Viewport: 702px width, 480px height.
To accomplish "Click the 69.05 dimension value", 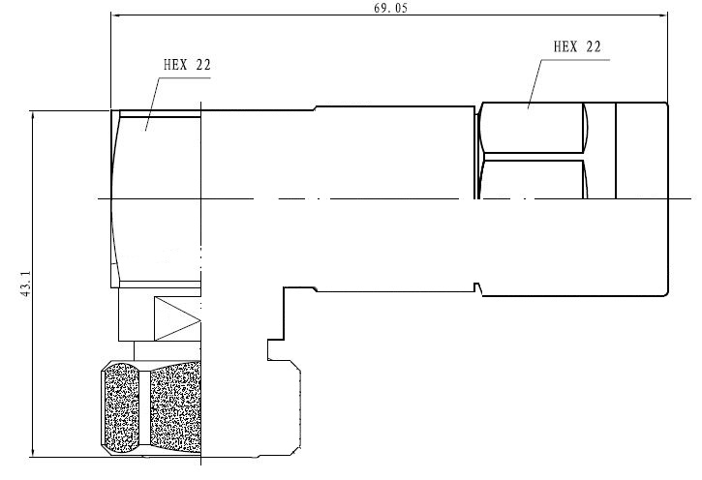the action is click(391, 8).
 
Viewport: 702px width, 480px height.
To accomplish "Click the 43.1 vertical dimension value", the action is click(25, 284).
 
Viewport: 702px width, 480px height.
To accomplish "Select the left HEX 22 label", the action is click(187, 65).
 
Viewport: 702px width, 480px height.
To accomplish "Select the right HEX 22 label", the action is click(577, 46).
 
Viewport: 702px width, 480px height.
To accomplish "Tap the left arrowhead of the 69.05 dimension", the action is click(116, 15).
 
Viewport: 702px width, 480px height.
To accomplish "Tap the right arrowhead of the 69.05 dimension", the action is click(662, 15).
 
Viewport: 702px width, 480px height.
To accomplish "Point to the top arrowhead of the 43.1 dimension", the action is click(33, 116).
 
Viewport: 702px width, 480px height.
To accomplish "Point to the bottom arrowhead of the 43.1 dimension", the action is click(33, 452).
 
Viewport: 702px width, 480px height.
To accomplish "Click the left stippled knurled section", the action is click(121, 408).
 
